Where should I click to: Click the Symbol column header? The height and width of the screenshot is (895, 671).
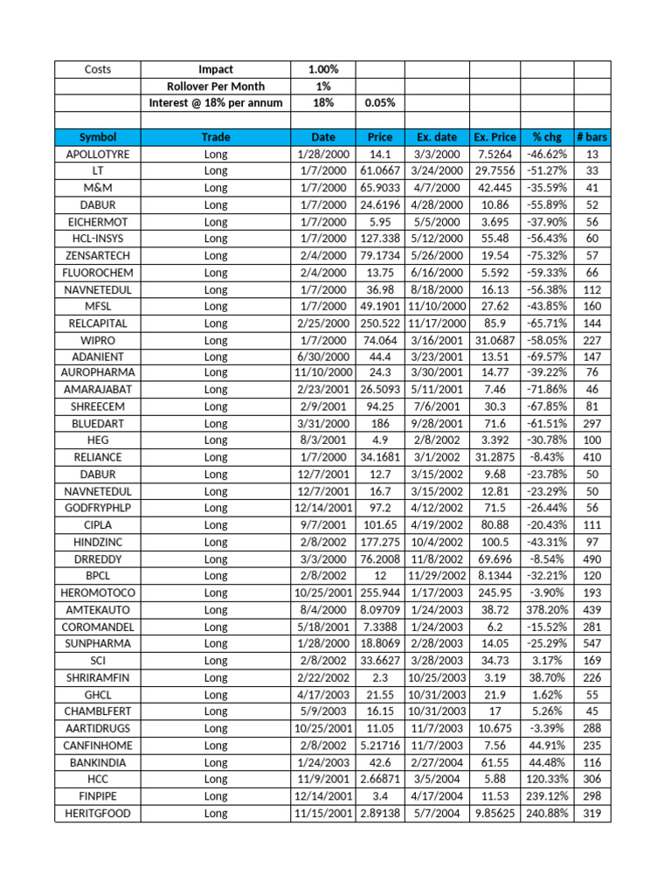97,137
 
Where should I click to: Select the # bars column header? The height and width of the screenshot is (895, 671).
591,137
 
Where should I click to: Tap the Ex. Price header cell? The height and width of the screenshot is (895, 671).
495,137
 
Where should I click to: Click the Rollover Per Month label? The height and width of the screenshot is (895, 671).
216,87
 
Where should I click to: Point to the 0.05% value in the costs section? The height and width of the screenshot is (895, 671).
379,103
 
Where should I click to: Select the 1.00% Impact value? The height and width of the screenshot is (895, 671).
323,69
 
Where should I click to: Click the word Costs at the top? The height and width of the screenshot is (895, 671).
97,69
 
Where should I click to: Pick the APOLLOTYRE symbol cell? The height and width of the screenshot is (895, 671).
97,154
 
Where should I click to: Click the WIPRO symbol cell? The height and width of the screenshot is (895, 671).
97,339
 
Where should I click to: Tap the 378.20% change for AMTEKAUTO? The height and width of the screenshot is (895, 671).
547,608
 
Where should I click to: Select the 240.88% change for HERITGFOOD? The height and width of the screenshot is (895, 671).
547,814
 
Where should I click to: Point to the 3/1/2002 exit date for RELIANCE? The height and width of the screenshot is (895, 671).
437,457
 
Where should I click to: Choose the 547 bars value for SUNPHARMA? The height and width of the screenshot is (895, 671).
591,642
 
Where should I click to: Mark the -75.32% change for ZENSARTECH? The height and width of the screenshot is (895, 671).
547,255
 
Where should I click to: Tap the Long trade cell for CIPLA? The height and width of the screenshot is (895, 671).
216,524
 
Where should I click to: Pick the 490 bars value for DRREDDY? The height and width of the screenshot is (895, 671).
591,559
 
